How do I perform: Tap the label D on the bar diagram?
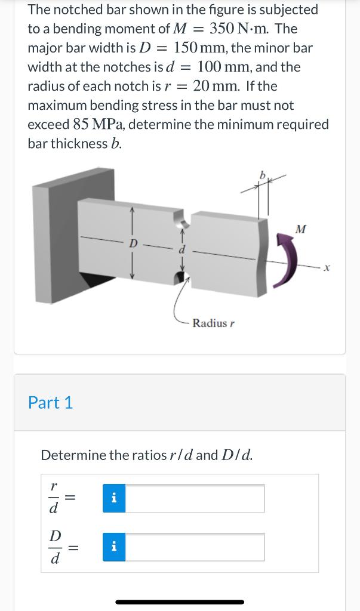pyautogui.click(x=133, y=243)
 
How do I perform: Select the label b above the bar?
pyautogui.click(x=261, y=175)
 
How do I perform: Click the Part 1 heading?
pyautogui.click(x=51, y=403)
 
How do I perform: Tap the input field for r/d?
pyautogui.click(x=195, y=498)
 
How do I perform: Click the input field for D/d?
pyautogui.click(x=195, y=547)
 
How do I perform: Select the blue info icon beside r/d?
pyautogui.click(x=114, y=498)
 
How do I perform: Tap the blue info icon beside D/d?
pyautogui.click(x=114, y=547)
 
